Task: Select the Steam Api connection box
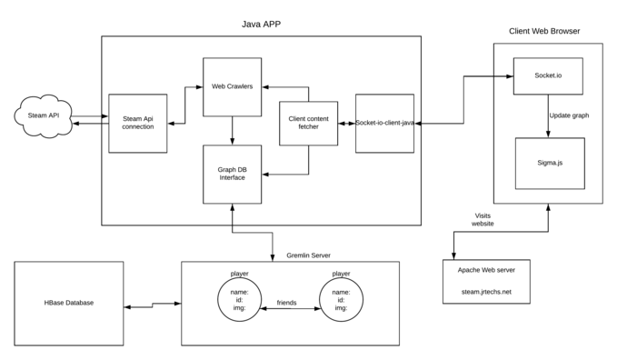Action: point(138,123)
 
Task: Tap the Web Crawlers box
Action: point(233,86)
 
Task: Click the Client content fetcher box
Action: point(308,123)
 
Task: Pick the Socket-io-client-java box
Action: point(385,123)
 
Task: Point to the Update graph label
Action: point(572,116)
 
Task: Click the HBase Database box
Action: point(69,303)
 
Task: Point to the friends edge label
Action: point(286,303)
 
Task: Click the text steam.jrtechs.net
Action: point(486,292)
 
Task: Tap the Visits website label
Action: point(483,219)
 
